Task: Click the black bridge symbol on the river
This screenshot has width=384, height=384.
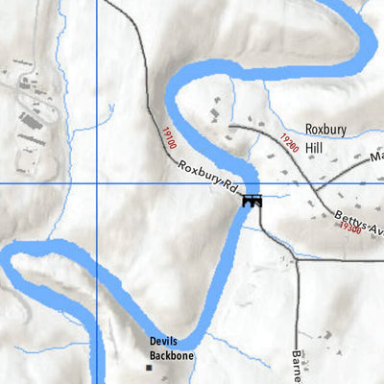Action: click(253, 201)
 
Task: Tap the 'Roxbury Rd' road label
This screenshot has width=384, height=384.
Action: click(207, 179)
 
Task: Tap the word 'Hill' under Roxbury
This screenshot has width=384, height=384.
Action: click(316, 148)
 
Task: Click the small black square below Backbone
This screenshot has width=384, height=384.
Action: click(149, 367)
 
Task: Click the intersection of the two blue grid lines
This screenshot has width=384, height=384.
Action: click(97, 182)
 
